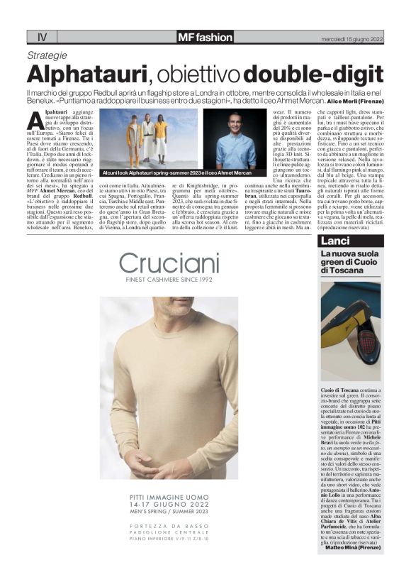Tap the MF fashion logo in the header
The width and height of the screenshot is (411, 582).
pos(205,37)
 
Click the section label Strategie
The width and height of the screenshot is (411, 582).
pos(47,55)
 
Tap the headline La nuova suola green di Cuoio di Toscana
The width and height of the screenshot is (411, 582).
pos(347,262)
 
